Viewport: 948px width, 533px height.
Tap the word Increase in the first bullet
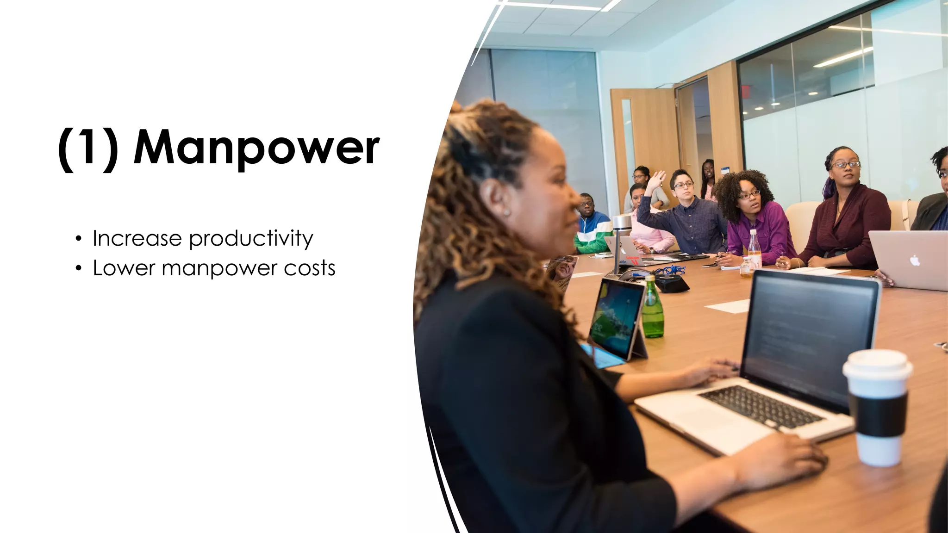pos(137,238)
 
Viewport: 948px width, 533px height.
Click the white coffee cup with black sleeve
pos(877,407)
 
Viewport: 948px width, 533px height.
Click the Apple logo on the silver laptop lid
pos(915,260)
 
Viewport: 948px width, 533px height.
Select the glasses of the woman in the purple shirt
pos(748,195)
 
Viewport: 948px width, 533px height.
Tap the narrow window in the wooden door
pos(628,139)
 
